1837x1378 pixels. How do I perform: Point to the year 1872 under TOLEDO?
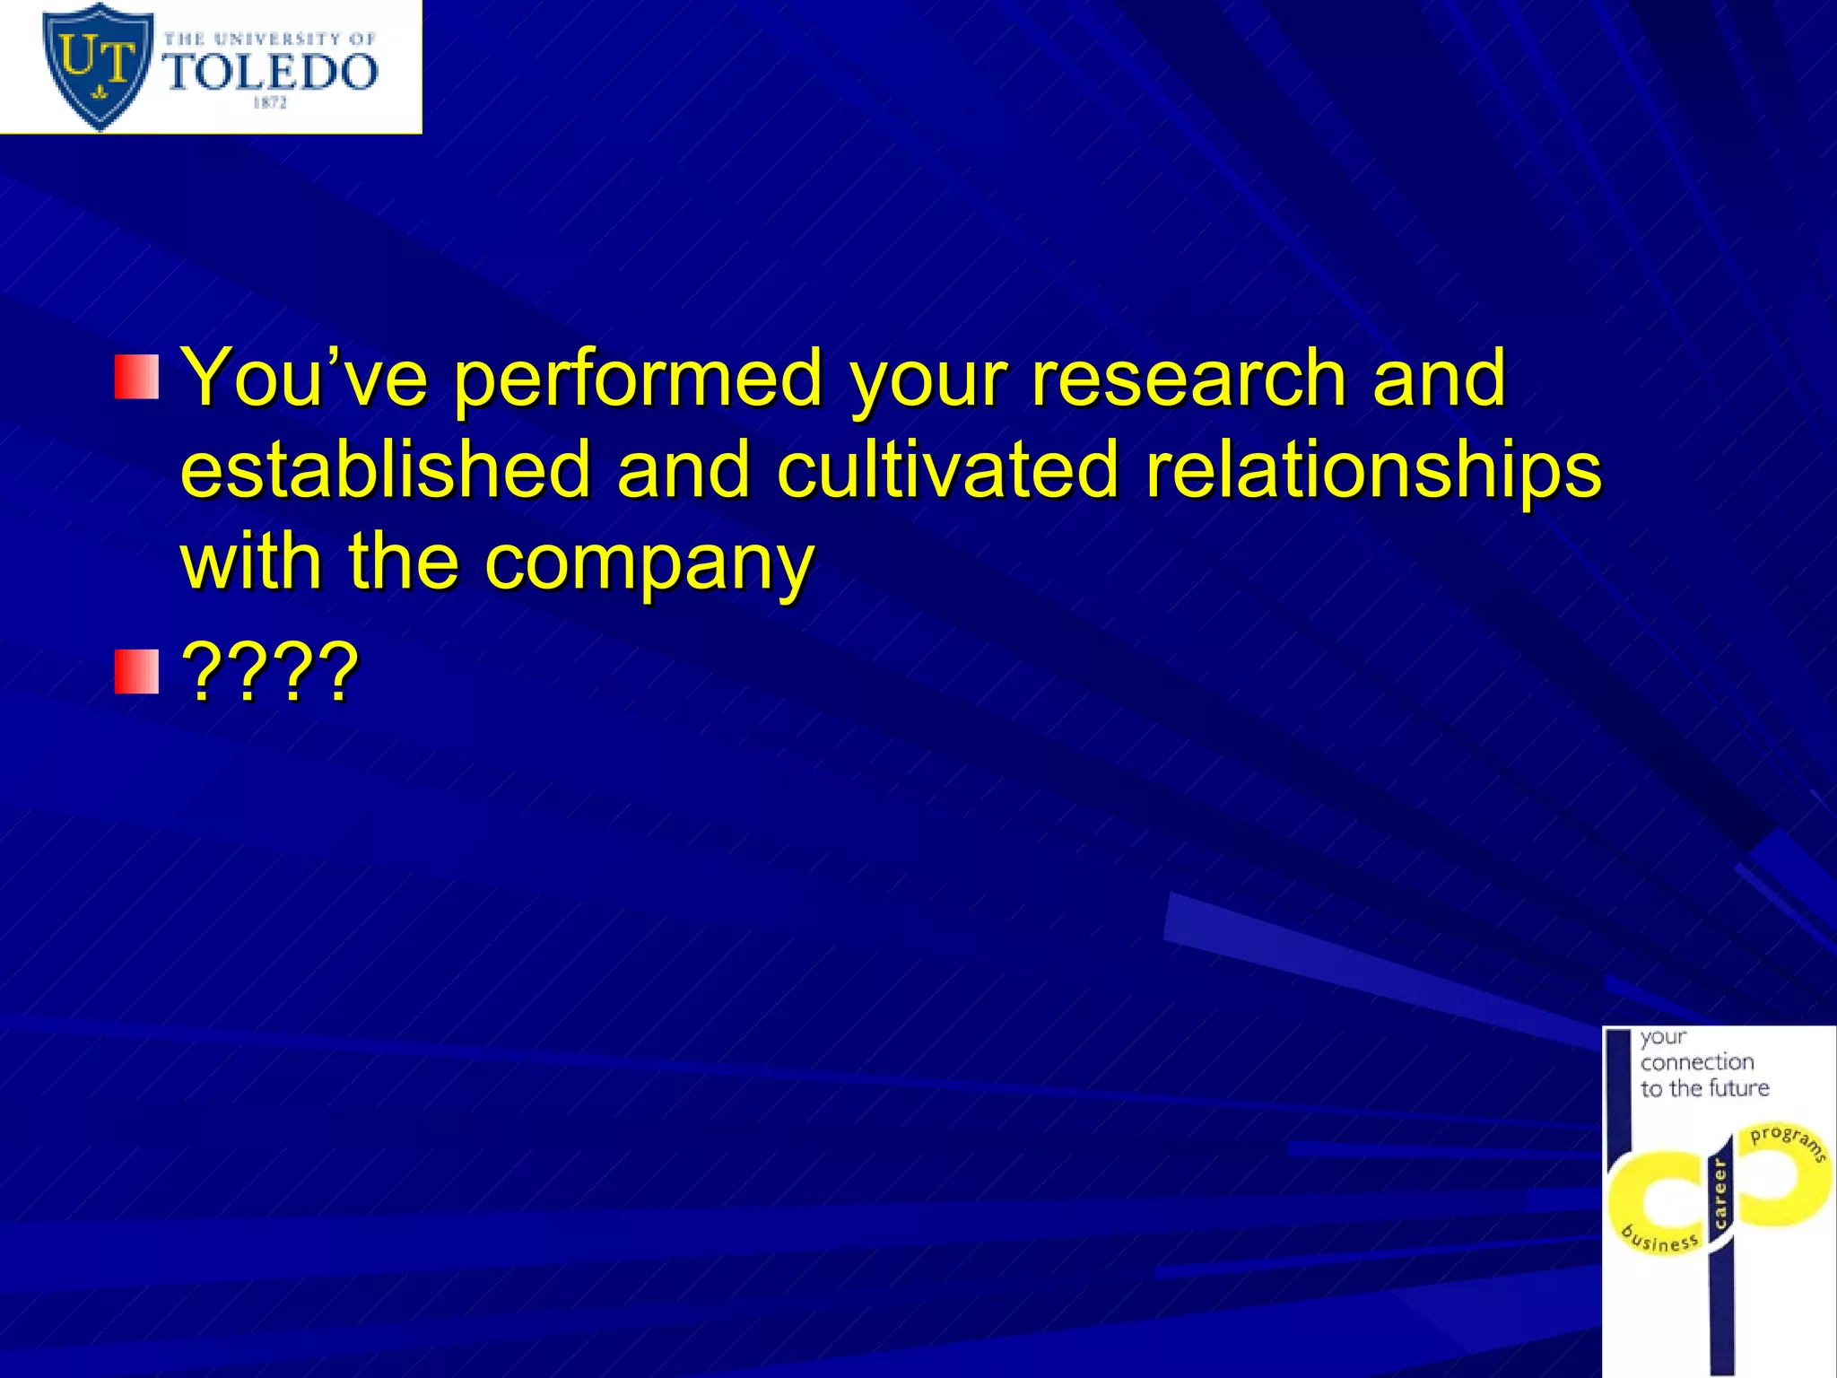pos(269,103)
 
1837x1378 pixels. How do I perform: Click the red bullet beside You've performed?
pos(136,378)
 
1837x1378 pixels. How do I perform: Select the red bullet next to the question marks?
pos(136,673)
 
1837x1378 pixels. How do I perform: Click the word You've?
pos(304,378)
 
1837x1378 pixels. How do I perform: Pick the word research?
pos(1188,378)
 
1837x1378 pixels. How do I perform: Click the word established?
pos(386,469)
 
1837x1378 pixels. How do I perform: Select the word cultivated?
pos(947,469)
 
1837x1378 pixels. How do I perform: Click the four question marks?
pos(270,673)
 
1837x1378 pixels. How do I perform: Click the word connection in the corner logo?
pos(1697,1062)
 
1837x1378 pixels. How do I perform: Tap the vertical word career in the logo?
pos(1719,1193)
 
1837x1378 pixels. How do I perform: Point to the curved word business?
pos(1660,1240)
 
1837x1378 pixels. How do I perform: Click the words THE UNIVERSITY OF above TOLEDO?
pos(269,39)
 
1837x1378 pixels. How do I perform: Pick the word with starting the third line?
pos(251,563)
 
